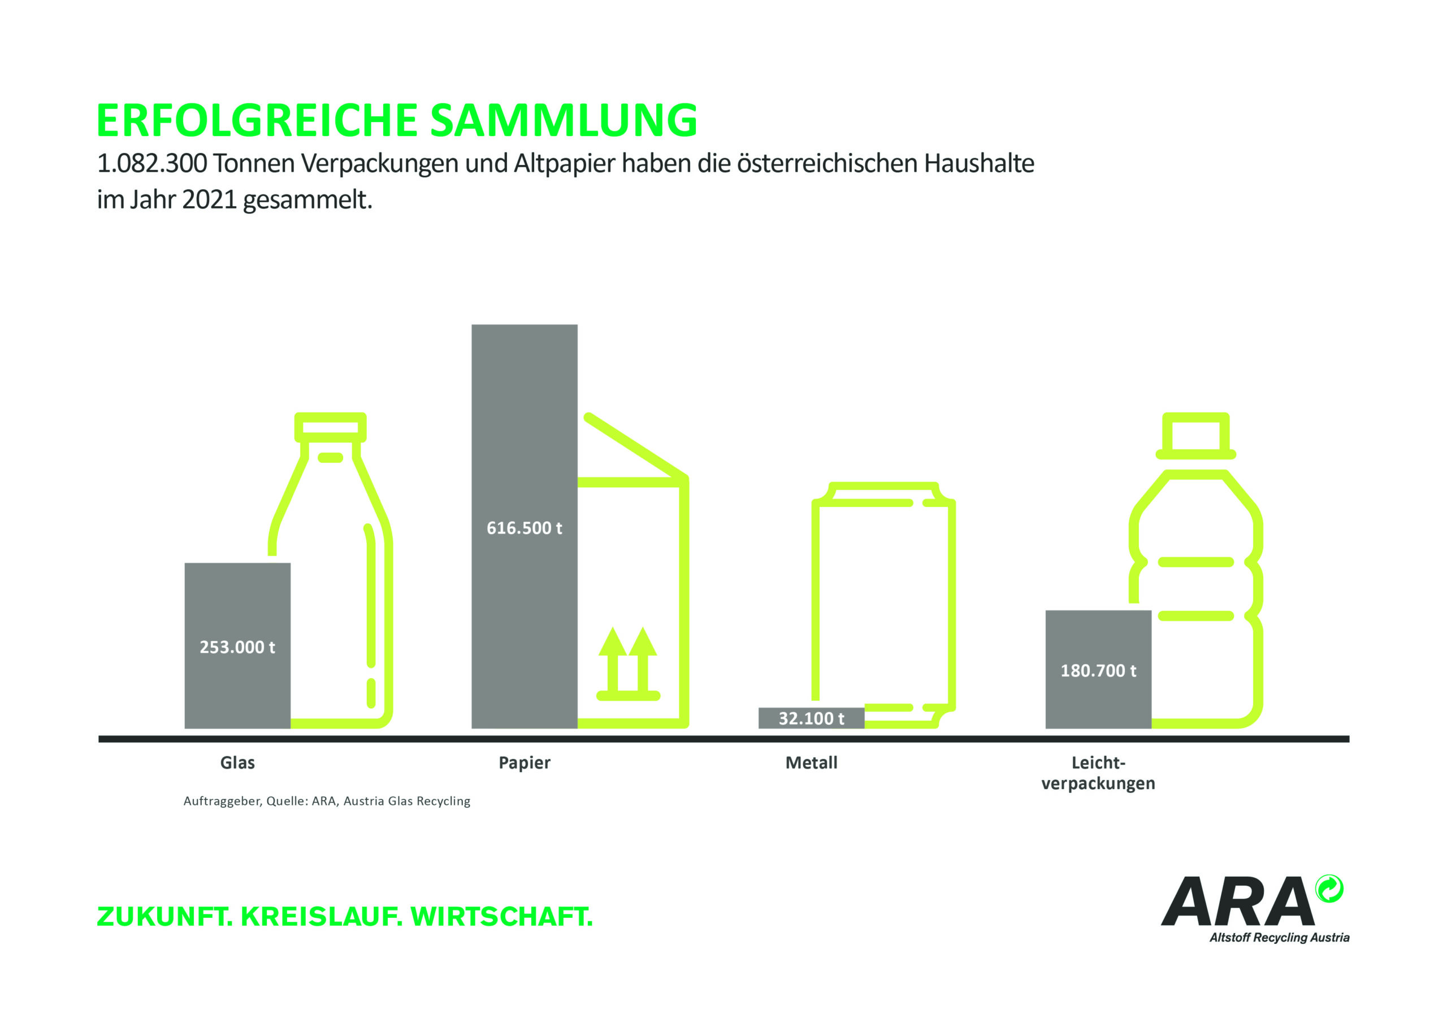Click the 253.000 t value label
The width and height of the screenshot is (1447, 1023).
(237, 647)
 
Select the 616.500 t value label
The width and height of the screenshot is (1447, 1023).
(524, 528)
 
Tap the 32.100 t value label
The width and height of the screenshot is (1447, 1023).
(811, 718)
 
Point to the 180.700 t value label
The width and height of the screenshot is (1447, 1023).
(1098, 671)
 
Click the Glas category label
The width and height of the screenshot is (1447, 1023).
(237, 762)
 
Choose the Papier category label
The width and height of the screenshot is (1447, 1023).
(525, 762)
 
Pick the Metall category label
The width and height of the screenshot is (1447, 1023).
(811, 762)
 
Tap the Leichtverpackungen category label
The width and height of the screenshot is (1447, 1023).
(1098, 773)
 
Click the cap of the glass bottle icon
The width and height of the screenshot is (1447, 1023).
(330, 427)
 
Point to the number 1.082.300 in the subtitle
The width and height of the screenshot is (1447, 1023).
(152, 164)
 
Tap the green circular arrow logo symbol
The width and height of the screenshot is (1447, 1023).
(1329, 890)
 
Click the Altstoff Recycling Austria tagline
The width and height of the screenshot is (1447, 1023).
(1279, 937)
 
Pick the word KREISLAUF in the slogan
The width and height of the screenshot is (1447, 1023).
(322, 917)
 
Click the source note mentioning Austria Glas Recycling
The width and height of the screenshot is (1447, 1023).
(327, 801)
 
